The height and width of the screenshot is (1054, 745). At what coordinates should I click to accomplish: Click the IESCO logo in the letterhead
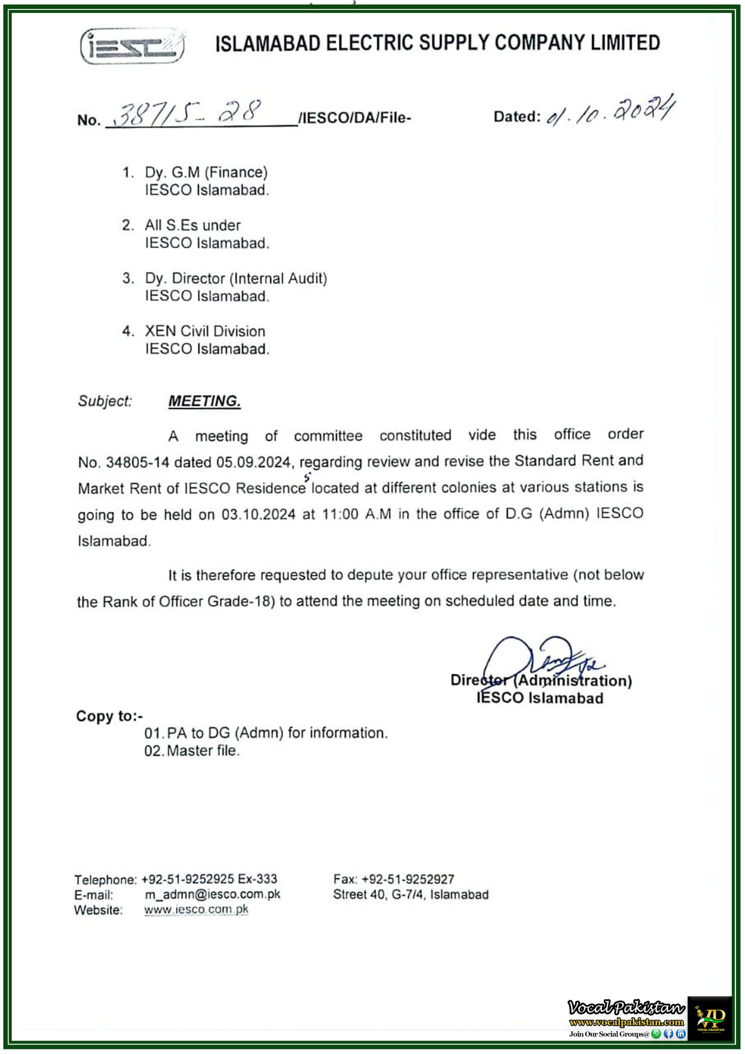tap(133, 45)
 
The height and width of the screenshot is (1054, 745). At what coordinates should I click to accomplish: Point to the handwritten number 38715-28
tap(188, 112)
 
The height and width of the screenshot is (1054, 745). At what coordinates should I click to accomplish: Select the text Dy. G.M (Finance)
tap(206, 173)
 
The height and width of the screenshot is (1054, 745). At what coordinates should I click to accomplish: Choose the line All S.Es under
tap(193, 225)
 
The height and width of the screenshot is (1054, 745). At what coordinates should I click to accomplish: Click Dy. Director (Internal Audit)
tap(236, 279)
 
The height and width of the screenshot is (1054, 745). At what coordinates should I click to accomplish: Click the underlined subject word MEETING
tap(204, 401)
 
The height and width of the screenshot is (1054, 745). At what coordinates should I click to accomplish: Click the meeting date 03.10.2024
tap(258, 515)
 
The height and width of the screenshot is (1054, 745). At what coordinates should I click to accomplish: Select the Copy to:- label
tap(109, 716)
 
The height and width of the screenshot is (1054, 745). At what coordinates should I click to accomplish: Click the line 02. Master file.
tap(192, 751)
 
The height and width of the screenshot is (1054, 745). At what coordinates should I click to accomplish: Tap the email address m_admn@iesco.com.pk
tap(212, 894)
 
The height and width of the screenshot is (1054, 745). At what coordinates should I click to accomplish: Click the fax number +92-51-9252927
tap(407, 879)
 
